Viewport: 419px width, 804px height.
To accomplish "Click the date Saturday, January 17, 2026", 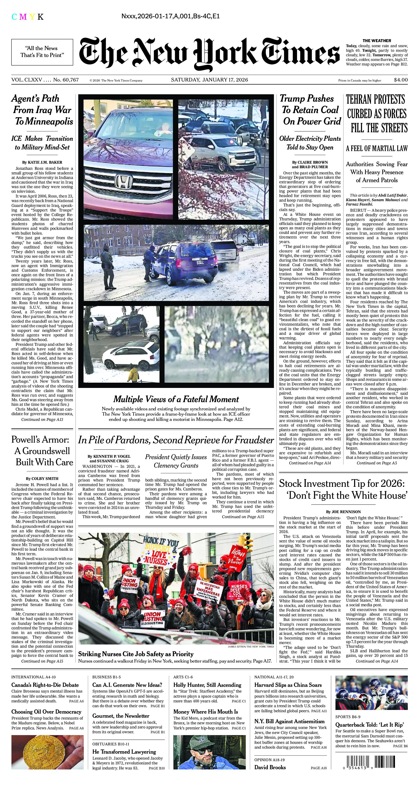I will pyautogui.click(x=209, y=80).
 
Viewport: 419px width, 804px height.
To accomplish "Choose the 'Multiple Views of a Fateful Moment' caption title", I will pyautogui.click(x=176, y=399).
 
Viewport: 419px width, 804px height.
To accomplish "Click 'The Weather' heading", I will pyautogui.click(x=377, y=41).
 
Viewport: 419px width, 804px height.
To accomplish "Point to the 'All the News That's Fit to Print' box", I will pyautogui.click(x=42, y=52).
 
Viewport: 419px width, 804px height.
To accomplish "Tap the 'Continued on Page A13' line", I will pyautogui.click(x=42, y=420).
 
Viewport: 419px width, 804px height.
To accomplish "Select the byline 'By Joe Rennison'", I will pyautogui.click(x=343, y=512).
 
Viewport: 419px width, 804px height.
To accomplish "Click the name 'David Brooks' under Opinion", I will pyautogui.click(x=270, y=767).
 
